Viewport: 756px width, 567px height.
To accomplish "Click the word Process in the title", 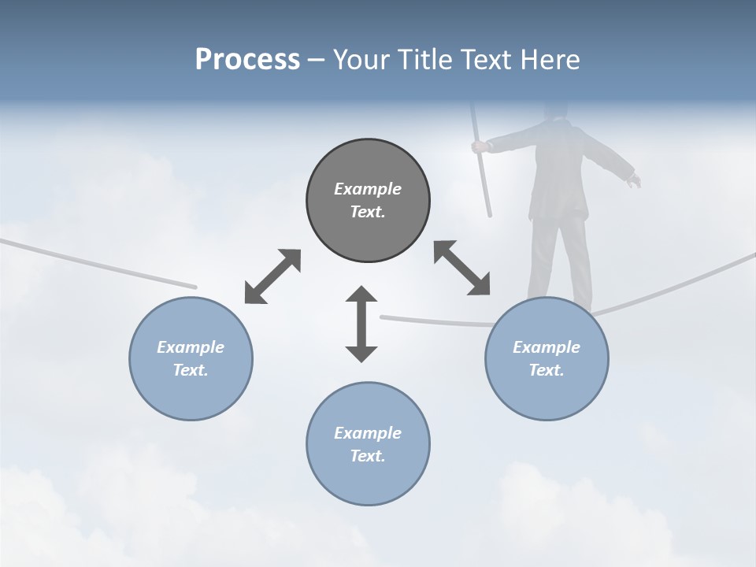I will tap(247, 60).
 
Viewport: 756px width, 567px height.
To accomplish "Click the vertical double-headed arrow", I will tap(361, 324).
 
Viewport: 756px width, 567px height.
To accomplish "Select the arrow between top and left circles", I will tap(272, 276).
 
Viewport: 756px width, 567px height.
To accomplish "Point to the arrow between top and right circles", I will tap(462, 268).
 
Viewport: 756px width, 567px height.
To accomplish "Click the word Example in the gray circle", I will tap(368, 189).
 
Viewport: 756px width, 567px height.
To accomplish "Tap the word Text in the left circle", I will tap(191, 370).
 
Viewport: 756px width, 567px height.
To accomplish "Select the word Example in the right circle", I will tap(547, 347).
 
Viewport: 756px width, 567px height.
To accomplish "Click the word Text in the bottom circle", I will tap(368, 456).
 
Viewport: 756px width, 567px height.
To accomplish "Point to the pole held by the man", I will tap(482, 173).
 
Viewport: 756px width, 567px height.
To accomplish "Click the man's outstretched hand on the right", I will tap(634, 181).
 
